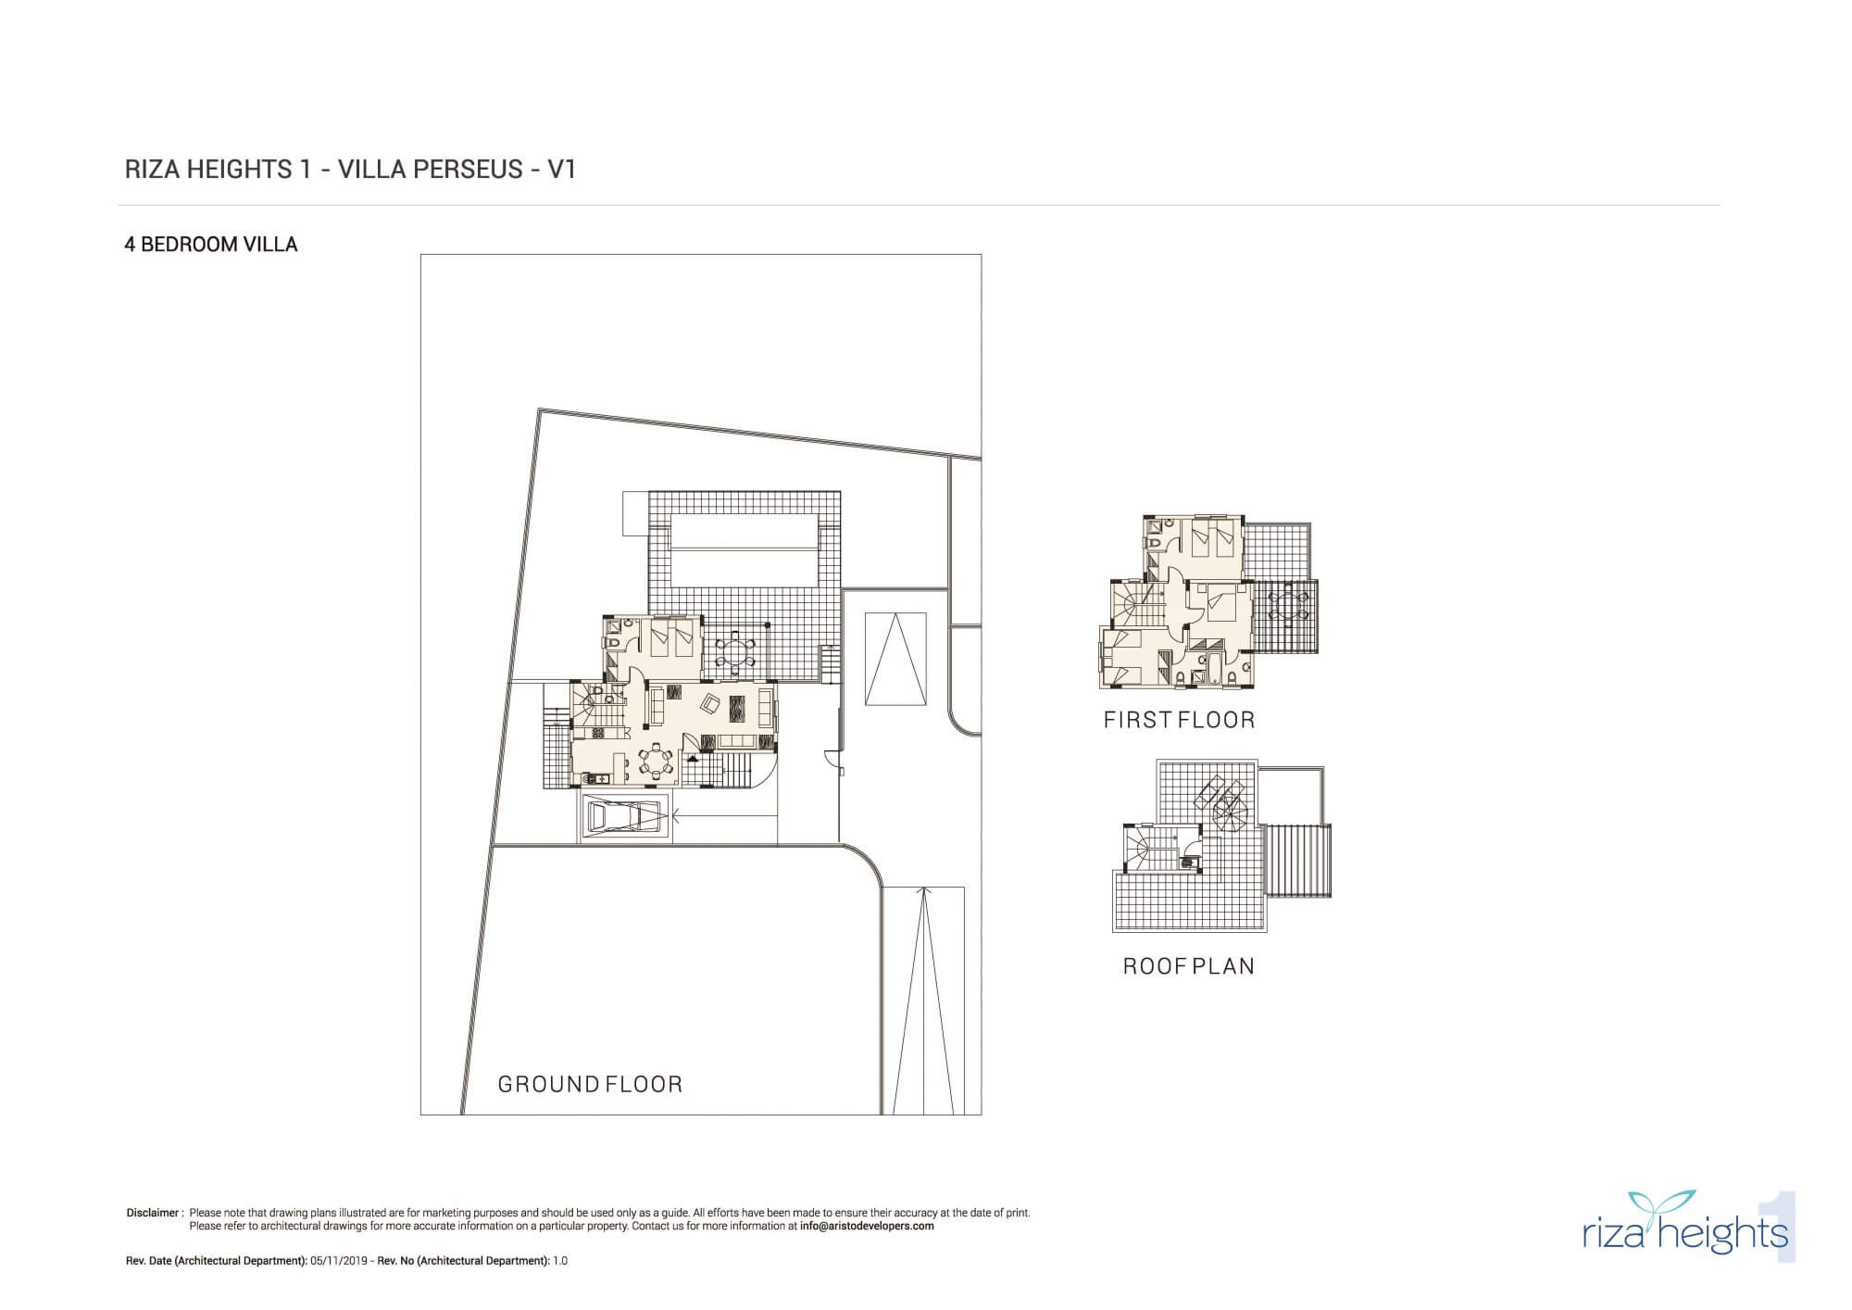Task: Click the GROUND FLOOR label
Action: click(x=590, y=1084)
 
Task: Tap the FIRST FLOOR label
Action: click(x=1179, y=720)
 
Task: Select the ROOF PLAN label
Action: click(x=1189, y=966)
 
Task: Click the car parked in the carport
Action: click(x=626, y=817)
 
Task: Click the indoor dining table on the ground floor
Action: click(x=657, y=762)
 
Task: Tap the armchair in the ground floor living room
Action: click(x=710, y=704)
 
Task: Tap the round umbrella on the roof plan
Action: click(x=1231, y=817)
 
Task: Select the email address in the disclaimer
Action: click(x=867, y=1226)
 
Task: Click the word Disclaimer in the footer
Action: click(x=152, y=1212)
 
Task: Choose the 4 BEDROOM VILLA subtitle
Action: click(x=211, y=245)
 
